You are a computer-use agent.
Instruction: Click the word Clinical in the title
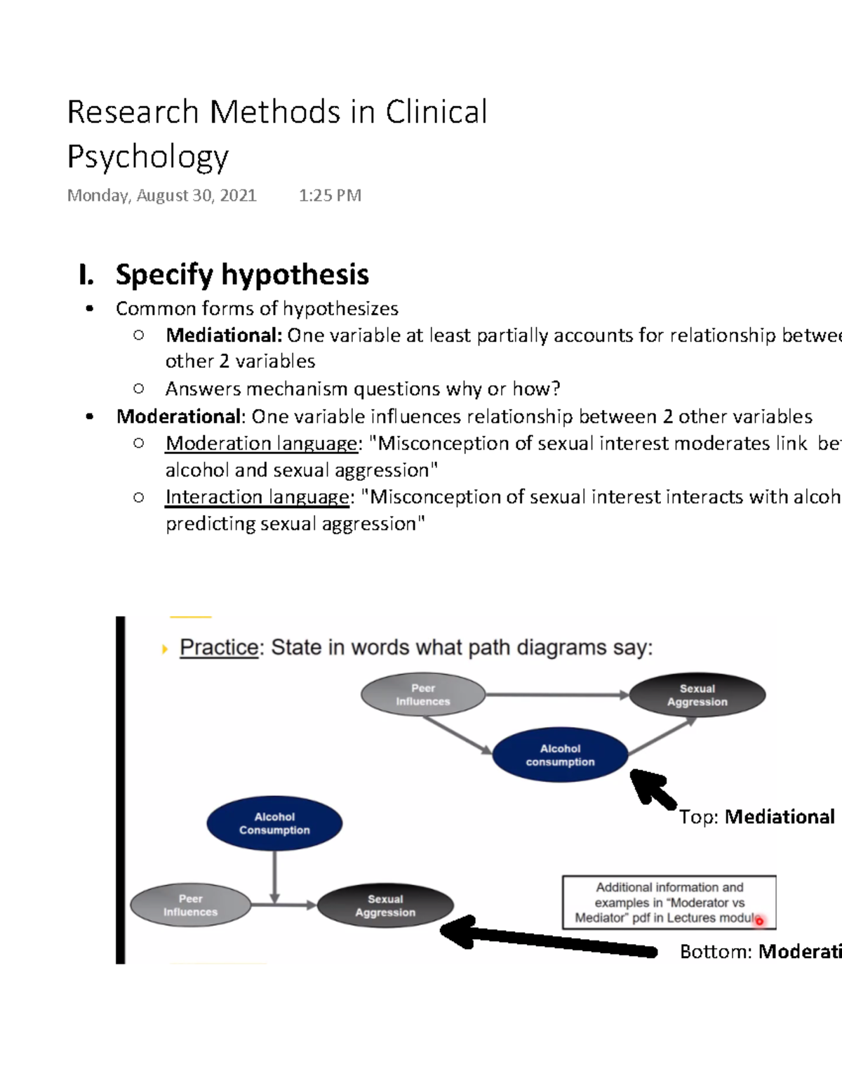click(x=436, y=112)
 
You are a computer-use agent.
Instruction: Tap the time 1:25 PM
click(x=330, y=195)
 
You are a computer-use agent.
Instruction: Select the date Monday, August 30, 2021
click(x=161, y=195)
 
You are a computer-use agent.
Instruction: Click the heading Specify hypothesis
click(x=242, y=274)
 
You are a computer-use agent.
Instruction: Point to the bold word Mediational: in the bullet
click(x=224, y=335)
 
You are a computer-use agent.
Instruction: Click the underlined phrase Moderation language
click(x=261, y=444)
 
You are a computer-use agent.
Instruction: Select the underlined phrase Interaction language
click(x=257, y=497)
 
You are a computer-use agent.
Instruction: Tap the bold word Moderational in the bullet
click(x=178, y=416)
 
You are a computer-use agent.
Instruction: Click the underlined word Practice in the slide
click(x=219, y=647)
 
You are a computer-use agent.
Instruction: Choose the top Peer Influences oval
click(x=423, y=695)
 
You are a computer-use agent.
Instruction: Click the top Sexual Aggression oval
click(x=697, y=696)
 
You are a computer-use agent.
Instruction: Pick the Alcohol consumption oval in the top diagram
click(x=560, y=755)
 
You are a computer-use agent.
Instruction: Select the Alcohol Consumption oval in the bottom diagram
click(x=274, y=823)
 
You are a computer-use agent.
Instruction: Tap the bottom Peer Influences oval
click(x=190, y=905)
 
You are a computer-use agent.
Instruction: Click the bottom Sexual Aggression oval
click(x=385, y=905)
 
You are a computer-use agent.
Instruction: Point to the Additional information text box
click(x=669, y=902)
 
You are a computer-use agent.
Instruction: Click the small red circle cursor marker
click(x=759, y=921)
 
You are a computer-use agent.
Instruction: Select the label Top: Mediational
click(x=756, y=817)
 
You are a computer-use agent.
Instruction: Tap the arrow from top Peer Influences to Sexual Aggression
click(x=557, y=695)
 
